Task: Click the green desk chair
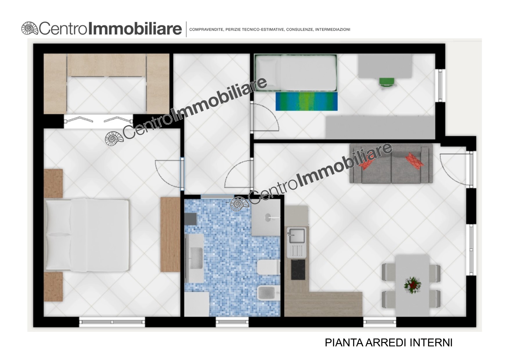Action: tap(385, 82)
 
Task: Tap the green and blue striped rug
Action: tap(307, 101)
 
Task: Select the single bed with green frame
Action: tap(295, 73)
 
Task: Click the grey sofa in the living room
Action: tap(391, 164)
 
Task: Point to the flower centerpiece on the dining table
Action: tap(412, 285)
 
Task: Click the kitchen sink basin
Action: tap(296, 235)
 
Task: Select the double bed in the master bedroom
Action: tap(87, 235)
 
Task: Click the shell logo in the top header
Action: tap(30, 29)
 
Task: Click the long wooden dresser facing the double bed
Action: tap(170, 235)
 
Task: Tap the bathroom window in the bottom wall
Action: tap(232, 322)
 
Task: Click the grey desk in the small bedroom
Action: tap(385, 66)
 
